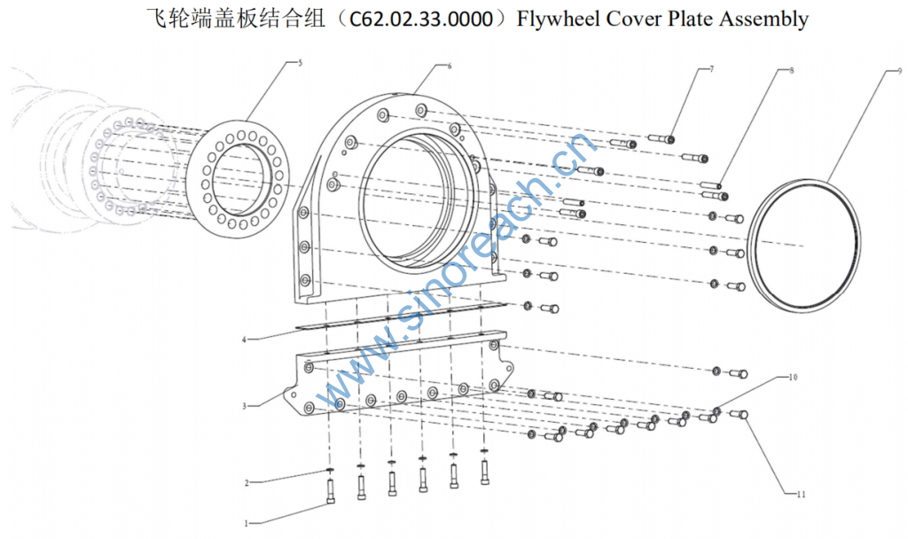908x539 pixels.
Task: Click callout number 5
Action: pyautogui.click(x=300, y=63)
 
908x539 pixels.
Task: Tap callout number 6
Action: pyautogui.click(x=450, y=66)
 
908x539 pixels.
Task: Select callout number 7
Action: pyautogui.click(x=712, y=69)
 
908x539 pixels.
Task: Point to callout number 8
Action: pyautogui.click(x=792, y=71)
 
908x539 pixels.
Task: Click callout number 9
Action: pyautogui.click(x=899, y=71)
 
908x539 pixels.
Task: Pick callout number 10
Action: pyautogui.click(x=793, y=377)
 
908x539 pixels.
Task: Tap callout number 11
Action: pyautogui.click(x=801, y=494)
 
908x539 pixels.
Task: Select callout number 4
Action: pyautogui.click(x=245, y=340)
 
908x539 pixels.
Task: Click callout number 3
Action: pyautogui.click(x=245, y=406)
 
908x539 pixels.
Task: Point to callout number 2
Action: pyautogui.click(x=247, y=483)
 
